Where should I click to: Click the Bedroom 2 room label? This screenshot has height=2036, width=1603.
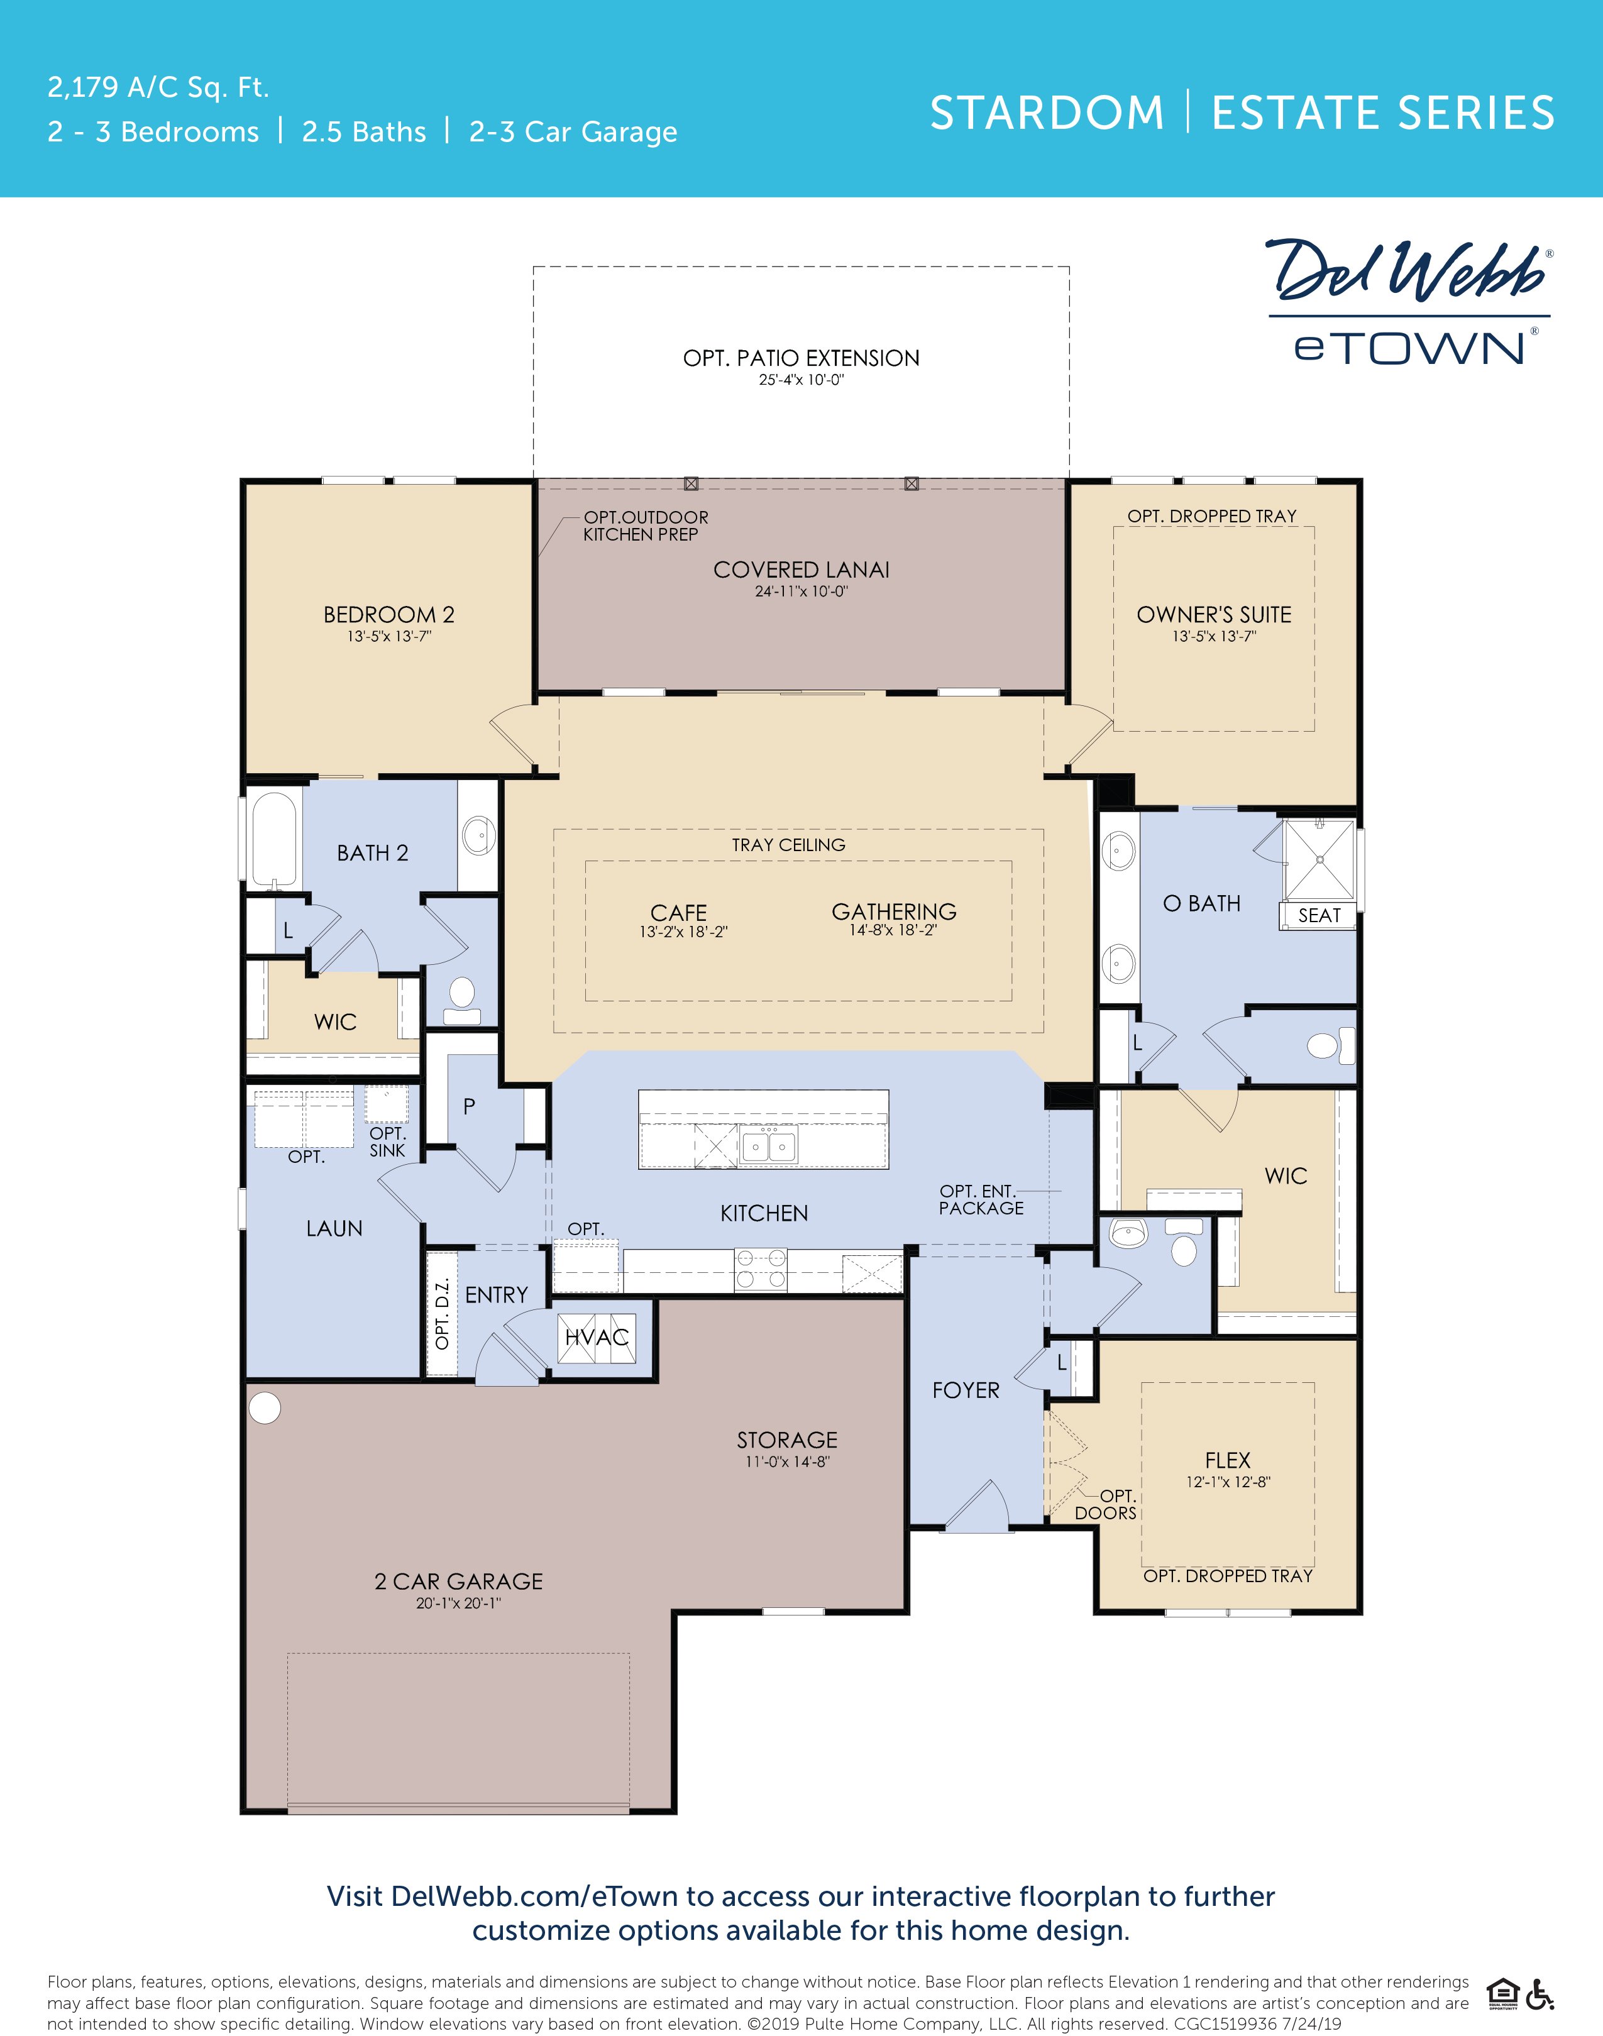point(388,615)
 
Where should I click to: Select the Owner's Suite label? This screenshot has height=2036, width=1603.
point(1213,615)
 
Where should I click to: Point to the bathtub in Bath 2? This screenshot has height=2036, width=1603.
point(275,840)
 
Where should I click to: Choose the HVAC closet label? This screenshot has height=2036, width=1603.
point(597,1337)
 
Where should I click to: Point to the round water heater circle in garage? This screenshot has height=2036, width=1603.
point(265,1407)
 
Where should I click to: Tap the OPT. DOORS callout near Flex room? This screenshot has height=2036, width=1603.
point(1108,1504)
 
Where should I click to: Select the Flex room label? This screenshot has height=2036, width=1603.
point(1228,1460)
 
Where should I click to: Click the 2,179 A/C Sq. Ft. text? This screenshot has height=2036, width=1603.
point(158,87)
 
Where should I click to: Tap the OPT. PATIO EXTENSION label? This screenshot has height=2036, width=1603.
point(801,358)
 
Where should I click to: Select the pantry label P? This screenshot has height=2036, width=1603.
point(469,1106)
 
